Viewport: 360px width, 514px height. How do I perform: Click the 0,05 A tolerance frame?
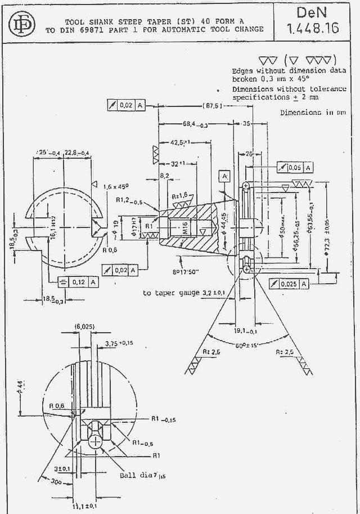coord(295,168)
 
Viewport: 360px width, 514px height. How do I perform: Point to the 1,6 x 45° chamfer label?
coord(116,185)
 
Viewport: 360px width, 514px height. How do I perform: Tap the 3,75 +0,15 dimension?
coord(119,343)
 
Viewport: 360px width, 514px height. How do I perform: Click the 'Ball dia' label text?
coord(133,475)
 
